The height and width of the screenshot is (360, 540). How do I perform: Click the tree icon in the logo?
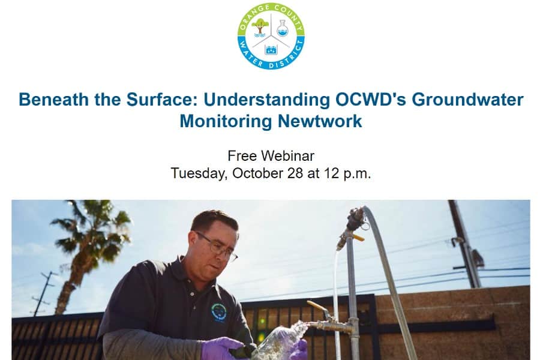click(x=260, y=28)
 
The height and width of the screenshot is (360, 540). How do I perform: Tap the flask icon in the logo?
click(x=283, y=28)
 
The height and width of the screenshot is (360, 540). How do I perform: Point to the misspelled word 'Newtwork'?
click(x=320, y=121)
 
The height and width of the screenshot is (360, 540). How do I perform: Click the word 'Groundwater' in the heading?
click(x=467, y=100)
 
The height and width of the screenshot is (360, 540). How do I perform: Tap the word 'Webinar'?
click(x=287, y=156)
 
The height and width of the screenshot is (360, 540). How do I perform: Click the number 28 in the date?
click(x=295, y=173)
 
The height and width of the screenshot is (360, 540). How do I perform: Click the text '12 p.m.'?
click(x=347, y=173)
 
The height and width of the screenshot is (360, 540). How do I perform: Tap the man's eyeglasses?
click(x=217, y=247)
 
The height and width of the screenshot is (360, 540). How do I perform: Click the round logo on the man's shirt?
click(x=218, y=312)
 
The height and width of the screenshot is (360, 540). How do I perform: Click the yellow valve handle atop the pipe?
click(x=358, y=238)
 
